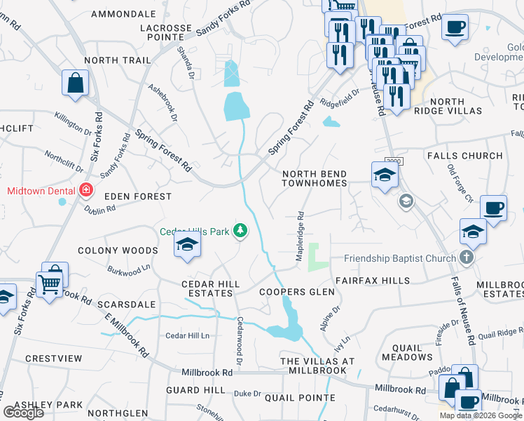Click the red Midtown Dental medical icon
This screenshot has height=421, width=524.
[x=86, y=190]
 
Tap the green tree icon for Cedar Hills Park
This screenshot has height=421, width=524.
[x=240, y=230]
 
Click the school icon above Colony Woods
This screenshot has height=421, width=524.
[x=187, y=245]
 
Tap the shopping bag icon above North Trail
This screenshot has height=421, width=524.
[x=75, y=83]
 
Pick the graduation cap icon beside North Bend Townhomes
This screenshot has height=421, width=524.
[x=384, y=175]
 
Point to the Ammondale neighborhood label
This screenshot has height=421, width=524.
[x=123, y=14]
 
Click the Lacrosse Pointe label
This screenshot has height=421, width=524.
[x=165, y=34]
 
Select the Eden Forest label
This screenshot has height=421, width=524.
[x=138, y=197]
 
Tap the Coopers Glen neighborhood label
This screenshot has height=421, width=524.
[x=292, y=292]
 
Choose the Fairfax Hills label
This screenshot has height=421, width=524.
[x=372, y=280]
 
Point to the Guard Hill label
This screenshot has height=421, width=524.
[x=193, y=389]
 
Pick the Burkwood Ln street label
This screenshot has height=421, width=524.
[x=129, y=268]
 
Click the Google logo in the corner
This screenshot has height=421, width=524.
[x=24, y=412]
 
